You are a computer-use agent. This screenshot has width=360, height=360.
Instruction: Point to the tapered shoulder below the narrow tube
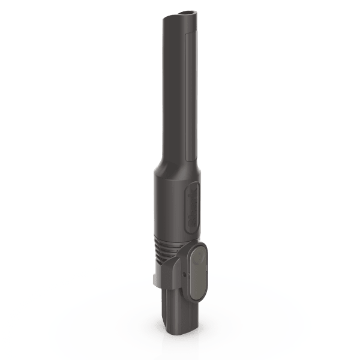[x=176, y=165]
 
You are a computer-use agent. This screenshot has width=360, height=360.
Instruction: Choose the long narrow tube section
[x=178, y=90]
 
